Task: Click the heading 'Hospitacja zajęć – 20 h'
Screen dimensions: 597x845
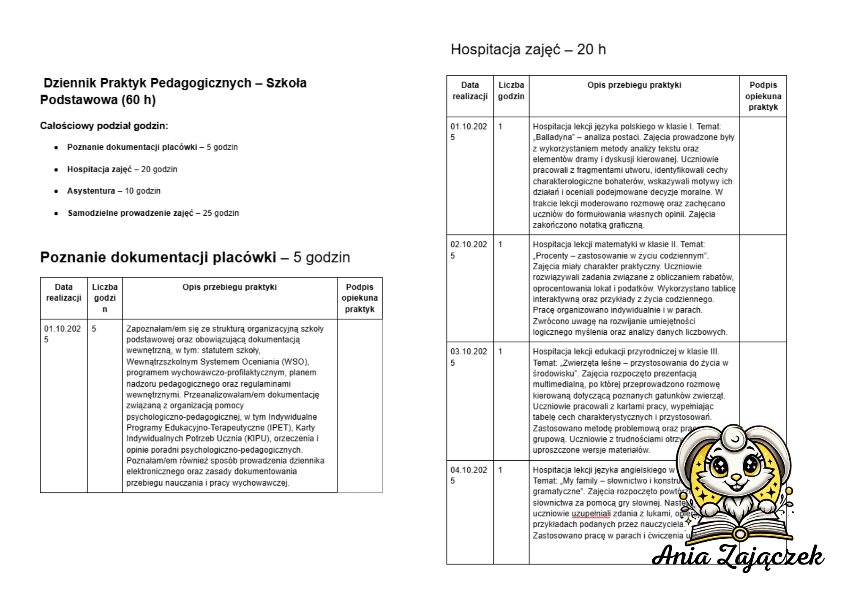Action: (x=528, y=49)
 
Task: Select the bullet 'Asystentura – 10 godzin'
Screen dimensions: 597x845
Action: (x=114, y=191)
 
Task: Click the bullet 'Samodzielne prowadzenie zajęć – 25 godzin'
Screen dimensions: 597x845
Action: (x=153, y=213)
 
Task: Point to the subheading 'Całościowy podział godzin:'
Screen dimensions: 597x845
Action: (x=104, y=126)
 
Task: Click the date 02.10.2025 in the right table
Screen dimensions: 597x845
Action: (x=468, y=250)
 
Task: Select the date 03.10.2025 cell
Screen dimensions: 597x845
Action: (x=468, y=357)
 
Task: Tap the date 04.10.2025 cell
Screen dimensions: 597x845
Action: (x=468, y=475)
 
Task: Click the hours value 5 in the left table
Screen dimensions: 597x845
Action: (x=94, y=328)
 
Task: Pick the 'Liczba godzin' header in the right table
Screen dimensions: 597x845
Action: (x=511, y=90)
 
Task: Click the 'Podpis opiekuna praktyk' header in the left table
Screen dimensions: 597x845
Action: (x=360, y=298)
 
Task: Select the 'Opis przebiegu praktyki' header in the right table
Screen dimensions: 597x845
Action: (x=634, y=85)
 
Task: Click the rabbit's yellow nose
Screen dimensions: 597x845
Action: (x=736, y=478)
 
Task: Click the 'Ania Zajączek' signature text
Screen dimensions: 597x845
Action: (x=738, y=556)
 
